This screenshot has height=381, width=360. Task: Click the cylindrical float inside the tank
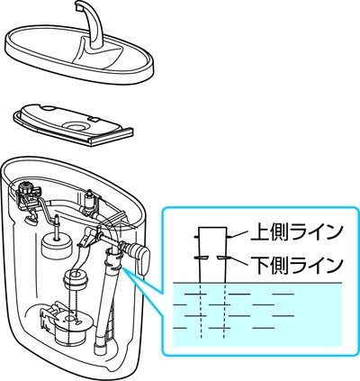50,244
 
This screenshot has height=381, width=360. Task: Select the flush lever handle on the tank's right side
138,255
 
